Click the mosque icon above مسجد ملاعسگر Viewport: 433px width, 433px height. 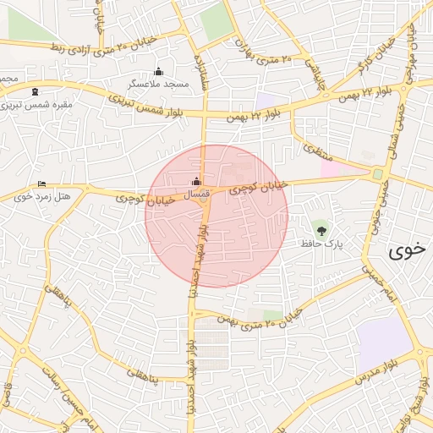coord(158,71)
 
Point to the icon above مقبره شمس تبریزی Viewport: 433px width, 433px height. coord(34,91)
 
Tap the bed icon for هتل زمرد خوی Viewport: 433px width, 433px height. coord(42,184)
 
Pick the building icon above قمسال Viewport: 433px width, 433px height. coord(197,181)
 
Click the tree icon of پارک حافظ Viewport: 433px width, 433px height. coord(321,228)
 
